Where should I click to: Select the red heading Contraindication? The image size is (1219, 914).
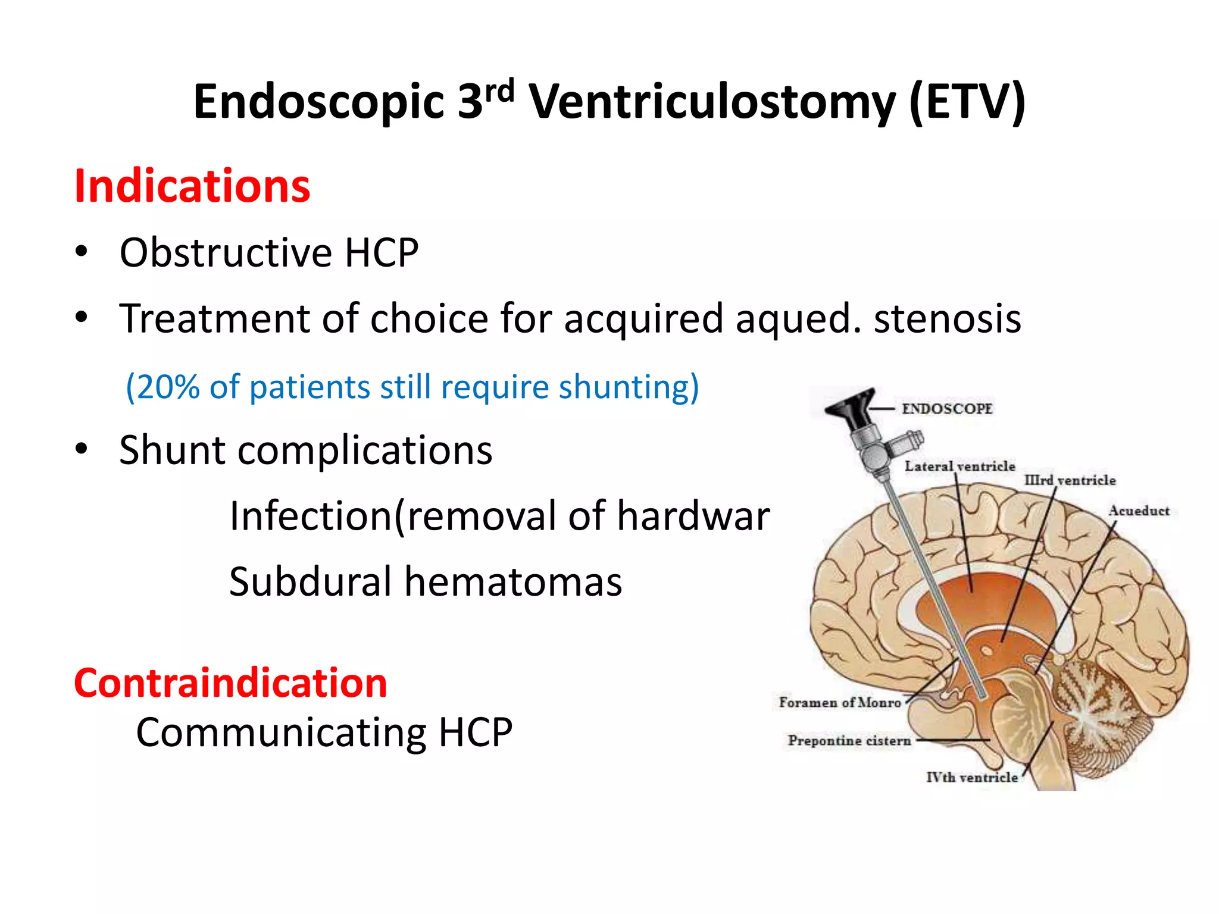[x=230, y=683]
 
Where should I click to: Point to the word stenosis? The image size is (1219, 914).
[x=947, y=319]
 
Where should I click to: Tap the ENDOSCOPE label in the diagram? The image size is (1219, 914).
[x=946, y=409]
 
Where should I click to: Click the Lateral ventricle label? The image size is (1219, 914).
[x=959, y=466]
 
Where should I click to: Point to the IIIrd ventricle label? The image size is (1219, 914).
[x=1070, y=480]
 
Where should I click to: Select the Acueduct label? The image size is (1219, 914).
[x=1138, y=511]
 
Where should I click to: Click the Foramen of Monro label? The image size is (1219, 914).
[x=839, y=703]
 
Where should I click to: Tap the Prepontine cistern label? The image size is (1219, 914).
[x=849, y=741]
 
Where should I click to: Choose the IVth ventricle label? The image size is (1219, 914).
[x=971, y=777]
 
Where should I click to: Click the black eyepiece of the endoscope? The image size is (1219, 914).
[x=850, y=408]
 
